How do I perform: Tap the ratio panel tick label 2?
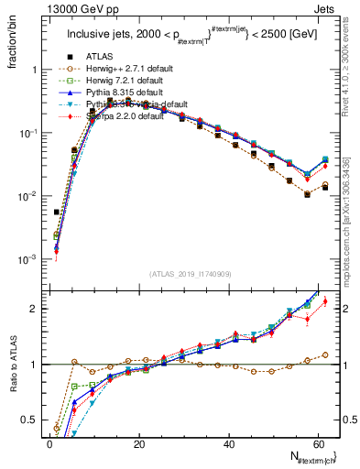coord(35,309)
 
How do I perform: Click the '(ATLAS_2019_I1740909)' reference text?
coord(191,275)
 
